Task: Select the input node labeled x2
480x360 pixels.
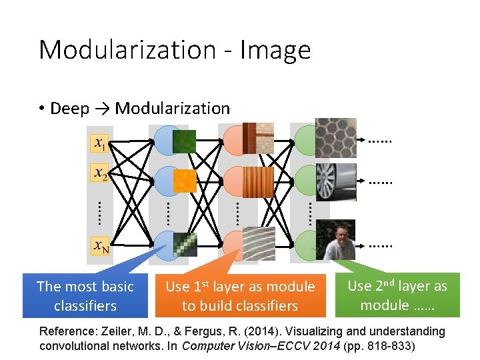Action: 99,173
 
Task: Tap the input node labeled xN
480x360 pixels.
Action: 100,247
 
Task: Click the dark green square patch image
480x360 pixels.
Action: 184,141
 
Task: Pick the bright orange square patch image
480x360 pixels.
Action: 185,180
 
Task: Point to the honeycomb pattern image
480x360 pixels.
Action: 335,137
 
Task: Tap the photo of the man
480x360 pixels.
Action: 335,240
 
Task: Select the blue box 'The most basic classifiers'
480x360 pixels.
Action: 85,296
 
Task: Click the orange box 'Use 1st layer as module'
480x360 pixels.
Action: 240,296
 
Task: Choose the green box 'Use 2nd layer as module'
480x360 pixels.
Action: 397,295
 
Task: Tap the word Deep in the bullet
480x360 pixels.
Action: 69,109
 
